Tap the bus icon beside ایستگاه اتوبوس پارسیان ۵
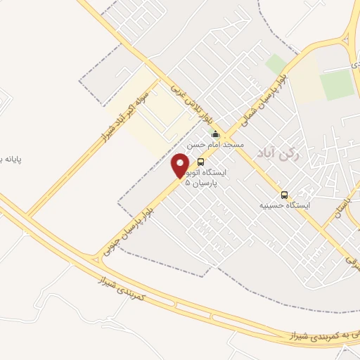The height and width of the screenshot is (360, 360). tap(201, 162)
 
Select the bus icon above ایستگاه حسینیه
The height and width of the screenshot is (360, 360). tap(284, 194)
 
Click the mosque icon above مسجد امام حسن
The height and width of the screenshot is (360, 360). tap(215, 134)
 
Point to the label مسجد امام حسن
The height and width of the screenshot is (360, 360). tap(215, 144)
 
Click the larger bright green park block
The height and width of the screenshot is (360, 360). tap(337, 84)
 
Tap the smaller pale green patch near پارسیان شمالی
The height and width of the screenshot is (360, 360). tap(276, 63)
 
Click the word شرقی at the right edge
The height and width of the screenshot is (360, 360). tap(353, 262)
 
